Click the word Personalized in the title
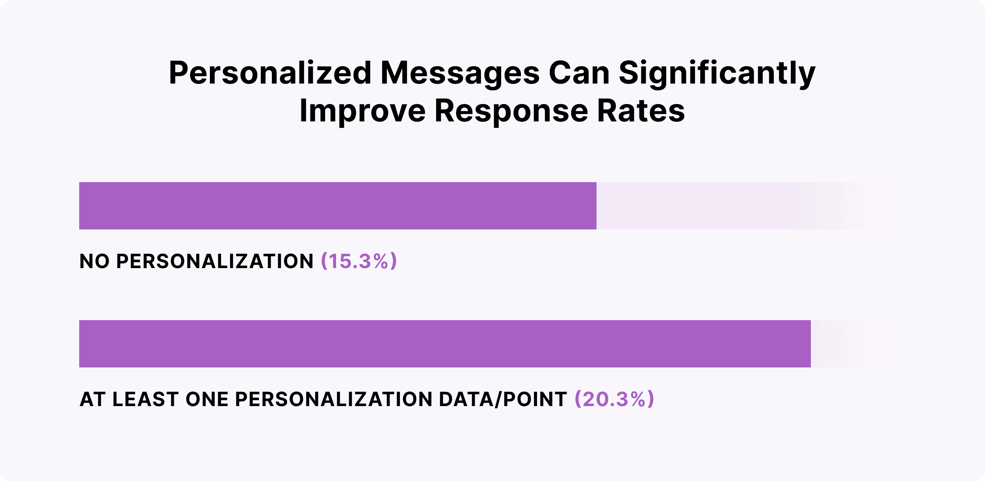point(270,73)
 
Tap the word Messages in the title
point(460,73)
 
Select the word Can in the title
point(579,73)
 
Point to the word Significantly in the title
point(717,73)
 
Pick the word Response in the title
point(511,111)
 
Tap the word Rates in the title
point(641,111)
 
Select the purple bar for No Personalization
point(338,206)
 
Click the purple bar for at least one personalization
point(445,344)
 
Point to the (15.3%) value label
point(359,261)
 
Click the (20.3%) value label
point(614,399)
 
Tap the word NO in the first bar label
point(95,261)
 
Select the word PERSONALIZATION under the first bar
point(215,261)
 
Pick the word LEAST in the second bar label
point(145,399)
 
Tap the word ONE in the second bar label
point(207,399)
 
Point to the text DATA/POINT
point(503,399)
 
